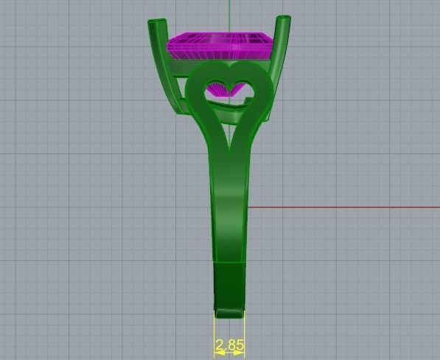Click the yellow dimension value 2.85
(x=229, y=345)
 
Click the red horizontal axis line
(x=339, y=207)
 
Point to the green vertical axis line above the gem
(x=229, y=15)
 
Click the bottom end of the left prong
(x=175, y=111)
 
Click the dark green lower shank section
(x=229, y=284)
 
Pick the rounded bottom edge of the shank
(x=229, y=312)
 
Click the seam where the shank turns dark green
(x=229, y=262)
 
